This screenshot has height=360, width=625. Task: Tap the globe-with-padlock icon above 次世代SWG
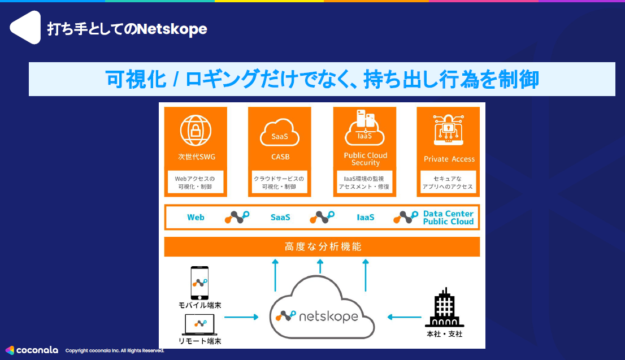(x=196, y=131)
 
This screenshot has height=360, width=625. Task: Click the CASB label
(x=279, y=157)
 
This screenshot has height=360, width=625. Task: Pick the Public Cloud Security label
(x=366, y=159)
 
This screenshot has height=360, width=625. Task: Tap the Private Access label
(x=449, y=159)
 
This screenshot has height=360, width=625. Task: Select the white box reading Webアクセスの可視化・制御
(x=196, y=183)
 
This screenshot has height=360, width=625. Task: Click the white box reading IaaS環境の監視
(x=365, y=183)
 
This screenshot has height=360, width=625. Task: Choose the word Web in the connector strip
(x=196, y=217)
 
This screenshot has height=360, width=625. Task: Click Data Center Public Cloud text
(x=448, y=218)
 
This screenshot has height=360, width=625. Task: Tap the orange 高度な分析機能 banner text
(x=323, y=247)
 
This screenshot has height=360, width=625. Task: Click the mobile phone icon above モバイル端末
(x=199, y=283)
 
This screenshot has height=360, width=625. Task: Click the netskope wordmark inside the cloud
(x=329, y=316)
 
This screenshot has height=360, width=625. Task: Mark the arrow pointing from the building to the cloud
(x=404, y=317)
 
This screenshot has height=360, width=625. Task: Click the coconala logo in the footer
(x=32, y=350)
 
